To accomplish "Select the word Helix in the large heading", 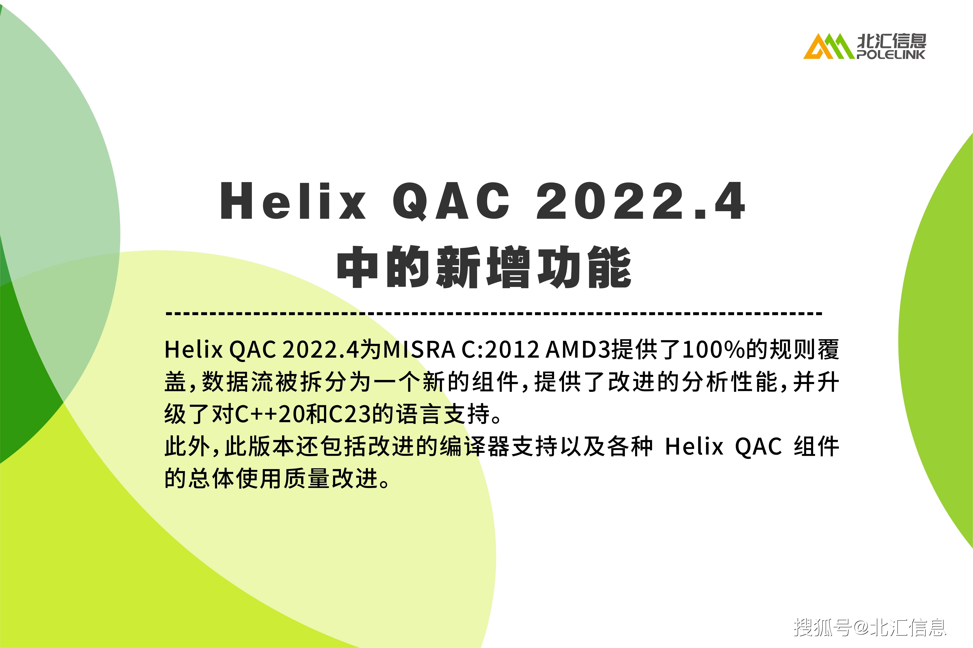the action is click(293, 201).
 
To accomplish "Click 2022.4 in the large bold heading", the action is click(640, 201).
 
